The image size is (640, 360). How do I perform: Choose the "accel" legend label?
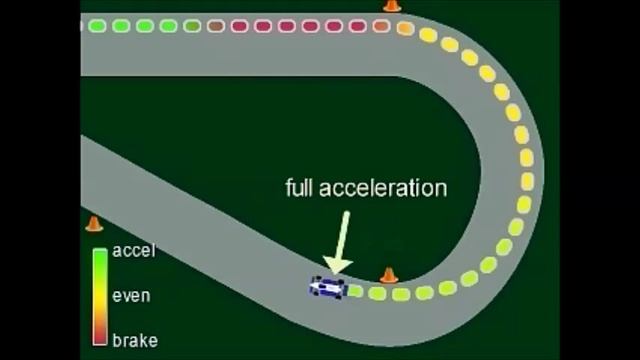click(134, 251)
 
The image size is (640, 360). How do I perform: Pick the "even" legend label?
click(132, 296)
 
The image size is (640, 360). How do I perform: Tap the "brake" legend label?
click(134, 340)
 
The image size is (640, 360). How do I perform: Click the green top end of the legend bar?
click(99, 255)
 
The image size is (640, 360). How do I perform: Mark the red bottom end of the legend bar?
click(99, 337)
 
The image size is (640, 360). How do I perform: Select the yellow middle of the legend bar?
click(99, 296)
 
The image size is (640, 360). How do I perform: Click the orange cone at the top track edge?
click(391, 6)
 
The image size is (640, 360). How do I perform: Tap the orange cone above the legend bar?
click(94, 224)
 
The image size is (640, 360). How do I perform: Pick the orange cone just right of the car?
click(389, 274)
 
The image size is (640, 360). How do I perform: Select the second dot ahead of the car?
click(378, 294)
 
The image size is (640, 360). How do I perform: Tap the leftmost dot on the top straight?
click(95, 25)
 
